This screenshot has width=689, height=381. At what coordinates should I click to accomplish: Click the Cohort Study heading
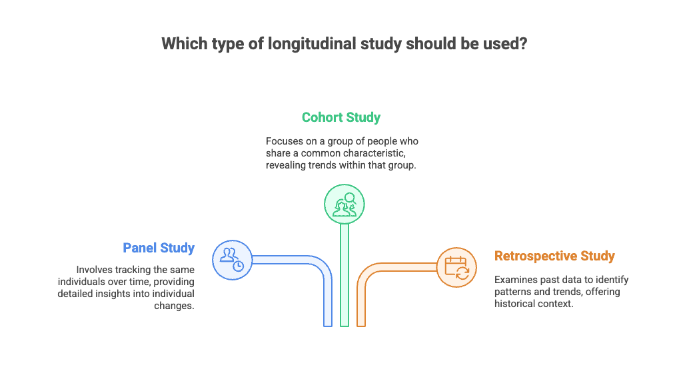(341, 118)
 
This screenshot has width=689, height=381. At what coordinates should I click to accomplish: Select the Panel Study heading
(159, 248)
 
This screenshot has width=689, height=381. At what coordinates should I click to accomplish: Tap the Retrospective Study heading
(554, 256)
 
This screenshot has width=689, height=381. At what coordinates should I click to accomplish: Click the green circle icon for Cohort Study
(344, 203)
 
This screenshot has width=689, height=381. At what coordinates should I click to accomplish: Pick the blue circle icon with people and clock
(233, 259)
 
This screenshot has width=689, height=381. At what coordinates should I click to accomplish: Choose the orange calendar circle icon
(457, 268)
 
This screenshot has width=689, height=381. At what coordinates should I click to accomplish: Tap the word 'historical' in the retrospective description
(514, 304)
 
